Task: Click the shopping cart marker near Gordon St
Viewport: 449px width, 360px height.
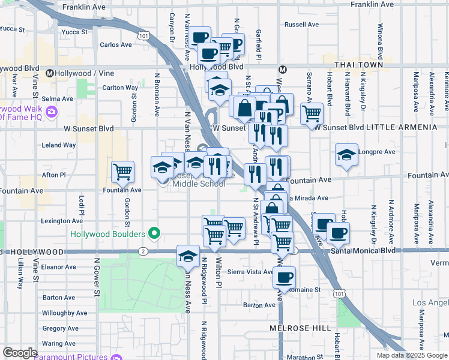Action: [x=123, y=172]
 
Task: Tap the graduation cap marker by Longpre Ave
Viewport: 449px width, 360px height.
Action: [x=346, y=155]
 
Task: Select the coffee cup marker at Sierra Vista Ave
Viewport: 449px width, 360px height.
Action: [x=284, y=277]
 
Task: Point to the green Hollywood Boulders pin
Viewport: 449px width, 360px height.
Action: [x=155, y=233]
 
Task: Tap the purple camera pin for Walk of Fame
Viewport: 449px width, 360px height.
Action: [x=52, y=111]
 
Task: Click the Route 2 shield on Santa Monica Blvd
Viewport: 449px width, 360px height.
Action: [x=143, y=251]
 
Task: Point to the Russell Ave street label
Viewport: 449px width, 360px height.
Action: [x=301, y=25]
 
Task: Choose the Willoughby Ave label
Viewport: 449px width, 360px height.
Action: [x=66, y=313]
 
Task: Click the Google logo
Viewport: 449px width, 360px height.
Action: [x=20, y=353]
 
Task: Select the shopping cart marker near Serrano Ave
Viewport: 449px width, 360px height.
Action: [x=312, y=113]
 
